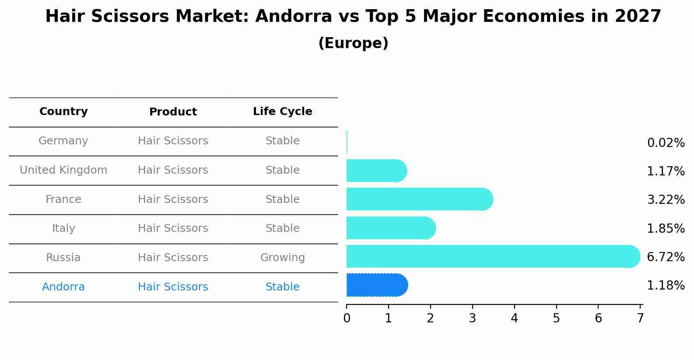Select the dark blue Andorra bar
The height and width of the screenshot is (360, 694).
pos(377,285)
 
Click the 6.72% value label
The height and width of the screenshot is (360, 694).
pos(666,257)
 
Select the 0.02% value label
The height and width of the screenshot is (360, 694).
pos(666,143)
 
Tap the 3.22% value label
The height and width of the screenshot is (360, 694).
pos(666,200)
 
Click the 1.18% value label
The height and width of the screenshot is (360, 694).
pos(666,286)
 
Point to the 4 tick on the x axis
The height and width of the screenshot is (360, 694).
pos(514,318)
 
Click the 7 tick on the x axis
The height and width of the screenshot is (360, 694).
pos(640,318)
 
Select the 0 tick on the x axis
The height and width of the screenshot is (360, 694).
pos(347,318)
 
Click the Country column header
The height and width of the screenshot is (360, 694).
pos(63,112)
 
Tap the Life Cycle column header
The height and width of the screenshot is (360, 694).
pos(283,112)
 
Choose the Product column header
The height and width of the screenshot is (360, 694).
pos(173,112)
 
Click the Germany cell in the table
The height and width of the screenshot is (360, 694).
pos(63,141)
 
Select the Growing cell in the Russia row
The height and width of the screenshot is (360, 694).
pos(283,258)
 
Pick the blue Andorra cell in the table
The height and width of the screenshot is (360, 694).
pos(63,287)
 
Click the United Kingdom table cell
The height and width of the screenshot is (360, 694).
pos(63,170)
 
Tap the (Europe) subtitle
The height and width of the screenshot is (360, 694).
pos(353,43)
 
